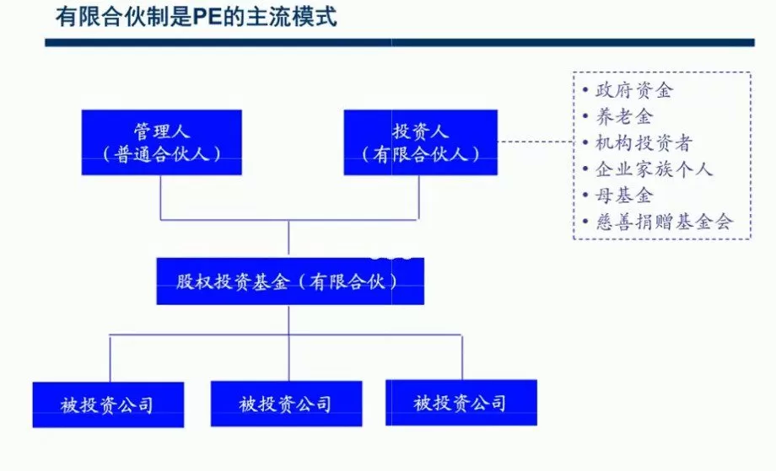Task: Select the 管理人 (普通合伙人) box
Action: click(161, 142)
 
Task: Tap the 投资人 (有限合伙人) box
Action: click(420, 142)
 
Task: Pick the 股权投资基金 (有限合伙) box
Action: click(289, 281)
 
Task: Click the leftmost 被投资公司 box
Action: click(108, 404)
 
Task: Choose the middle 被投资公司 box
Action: click(286, 404)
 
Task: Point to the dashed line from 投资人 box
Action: click(535, 142)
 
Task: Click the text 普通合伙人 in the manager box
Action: click(161, 154)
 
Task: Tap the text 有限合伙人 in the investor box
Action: click(420, 154)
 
